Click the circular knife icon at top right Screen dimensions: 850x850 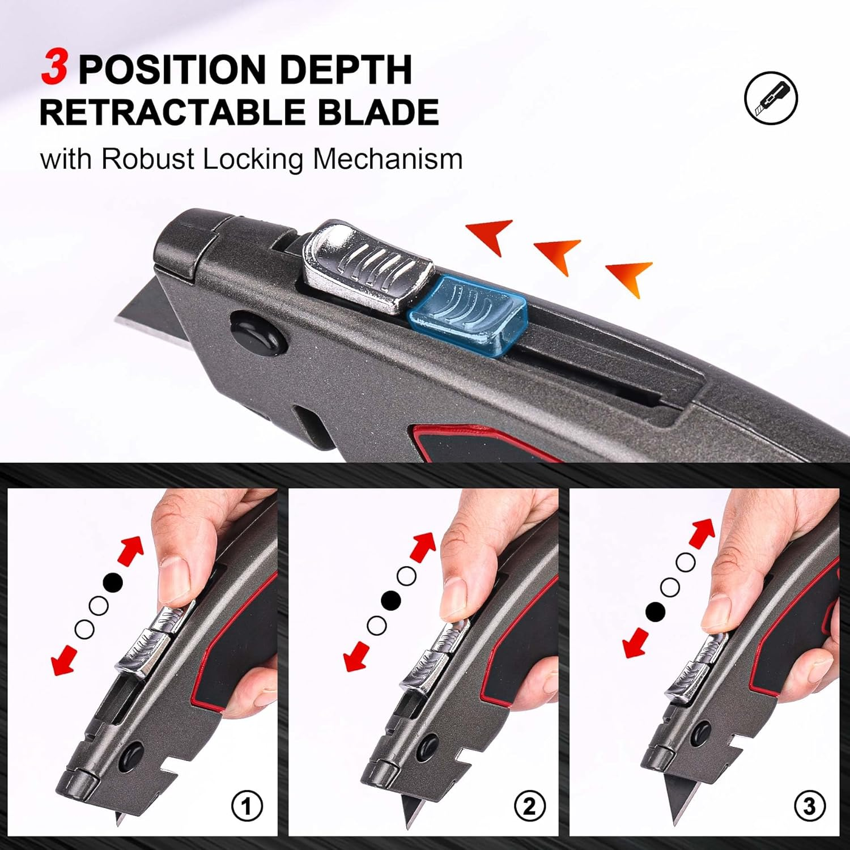(771, 97)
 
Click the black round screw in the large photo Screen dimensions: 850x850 (255, 334)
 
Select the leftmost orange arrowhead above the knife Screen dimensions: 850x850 (491, 234)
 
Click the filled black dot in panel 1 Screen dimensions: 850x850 (113, 582)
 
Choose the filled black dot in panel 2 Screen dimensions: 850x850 (391, 600)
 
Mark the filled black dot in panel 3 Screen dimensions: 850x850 (655, 611)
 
